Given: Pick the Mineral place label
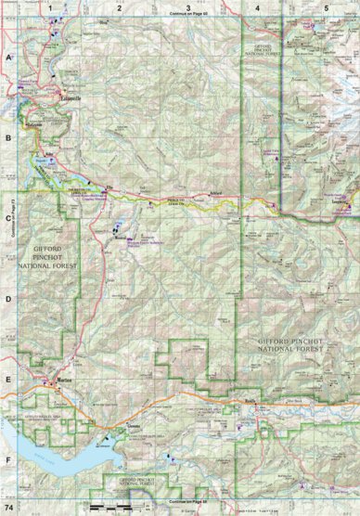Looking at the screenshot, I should [x=119, y=237].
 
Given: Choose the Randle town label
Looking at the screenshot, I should [x=250, y=401].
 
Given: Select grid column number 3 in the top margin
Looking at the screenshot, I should [x=188, y=7].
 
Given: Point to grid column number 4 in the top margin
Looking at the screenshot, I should [x=257, y=7].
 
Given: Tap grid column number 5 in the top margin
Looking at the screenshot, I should [x=326, y=7].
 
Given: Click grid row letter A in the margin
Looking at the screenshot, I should [x=7, y=57].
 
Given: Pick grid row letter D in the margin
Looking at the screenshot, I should [x=7, y=299].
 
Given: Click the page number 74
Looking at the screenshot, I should [x=9, y=509].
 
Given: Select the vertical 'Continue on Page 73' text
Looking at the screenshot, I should [x=9, y=213].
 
